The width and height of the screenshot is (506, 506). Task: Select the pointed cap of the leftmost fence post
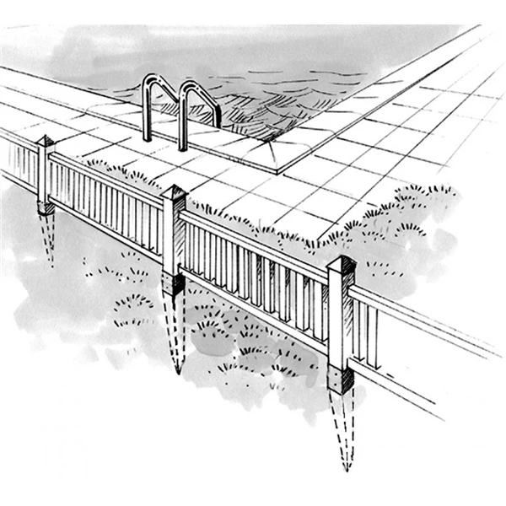(x=45, y=142)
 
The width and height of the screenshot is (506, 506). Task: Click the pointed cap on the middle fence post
(x=175, y=193)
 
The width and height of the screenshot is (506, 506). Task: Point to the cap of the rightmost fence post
(x=342, y=262)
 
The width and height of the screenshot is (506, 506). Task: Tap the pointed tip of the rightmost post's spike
(x=346, y=468)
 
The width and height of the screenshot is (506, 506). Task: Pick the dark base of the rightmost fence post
(x=341, y=380)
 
